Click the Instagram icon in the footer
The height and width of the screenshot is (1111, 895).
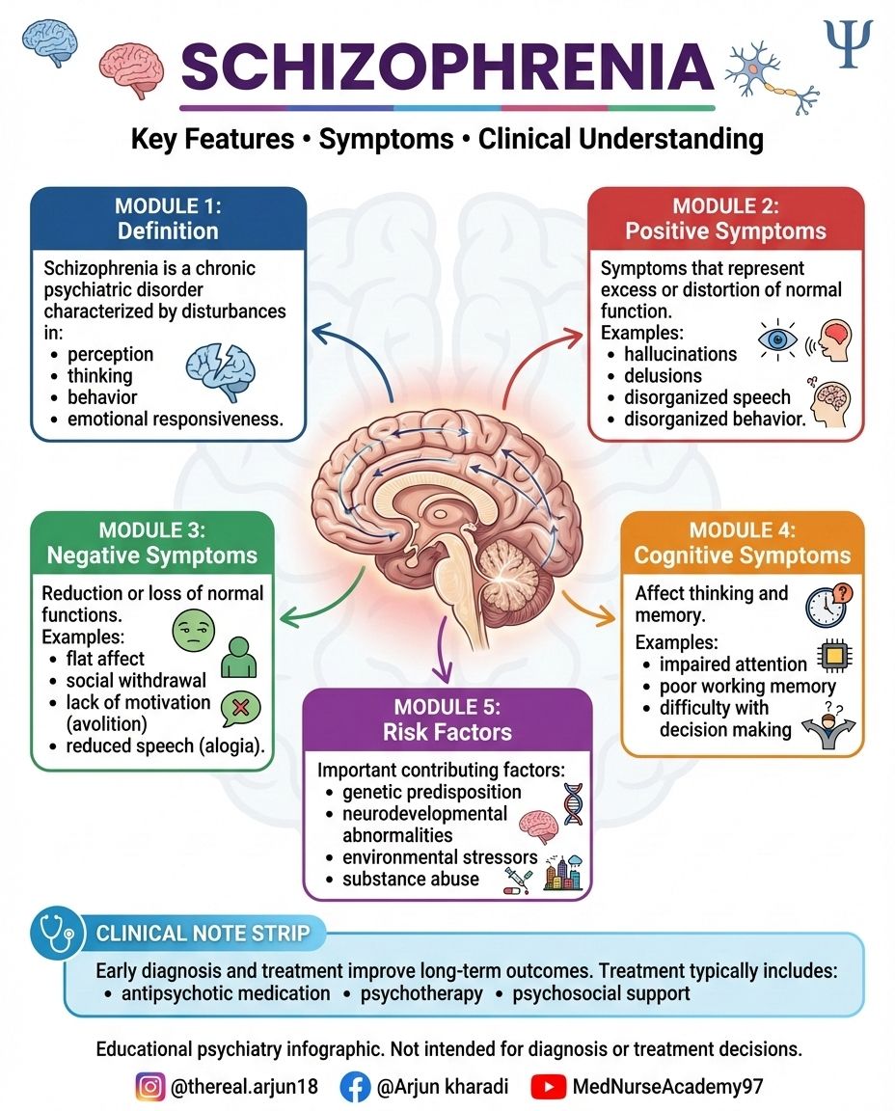(149, 1086)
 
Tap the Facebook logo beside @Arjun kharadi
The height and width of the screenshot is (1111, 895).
(355, 1086)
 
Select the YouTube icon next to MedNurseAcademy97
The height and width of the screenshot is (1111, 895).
(549, 1086)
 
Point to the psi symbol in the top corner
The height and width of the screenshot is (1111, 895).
(849, 43)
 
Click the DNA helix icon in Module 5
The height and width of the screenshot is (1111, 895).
(573, 804)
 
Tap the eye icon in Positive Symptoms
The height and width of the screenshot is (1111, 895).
(777, 339)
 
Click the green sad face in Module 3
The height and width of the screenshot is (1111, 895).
(194, 631)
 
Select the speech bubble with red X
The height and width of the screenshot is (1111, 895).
(240, 709)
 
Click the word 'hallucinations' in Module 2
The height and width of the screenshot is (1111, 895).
(680, 354)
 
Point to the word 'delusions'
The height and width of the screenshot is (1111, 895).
(663, 375)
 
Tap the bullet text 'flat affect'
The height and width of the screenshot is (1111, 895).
(105, 659)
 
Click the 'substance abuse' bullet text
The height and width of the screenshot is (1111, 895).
(410, 880)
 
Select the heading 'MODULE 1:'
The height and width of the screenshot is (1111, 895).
(168, 206)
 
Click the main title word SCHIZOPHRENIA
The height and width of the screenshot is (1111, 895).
(447, 67)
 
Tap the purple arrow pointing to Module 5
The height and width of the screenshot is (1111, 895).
(442, 650)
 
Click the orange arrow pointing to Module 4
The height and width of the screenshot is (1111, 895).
(589, 608)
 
